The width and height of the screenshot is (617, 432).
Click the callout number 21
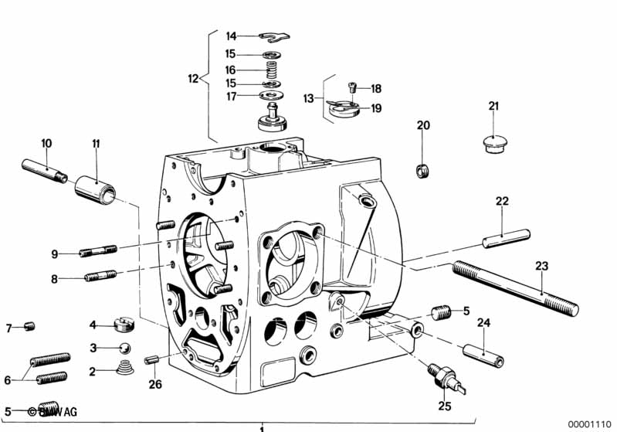pos(493,106)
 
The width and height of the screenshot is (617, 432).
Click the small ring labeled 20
pos(422,170)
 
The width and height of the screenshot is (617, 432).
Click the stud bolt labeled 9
pos(97,251)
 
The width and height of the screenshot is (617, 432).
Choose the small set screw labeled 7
pos(30,326)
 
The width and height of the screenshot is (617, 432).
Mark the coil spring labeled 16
pos(271,70)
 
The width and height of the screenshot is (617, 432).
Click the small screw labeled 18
pos(354,87)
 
